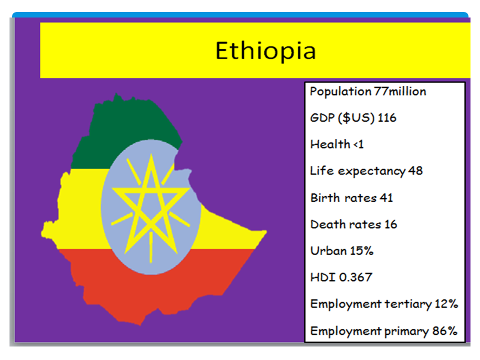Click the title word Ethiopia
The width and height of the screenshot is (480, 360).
tap(265, 51)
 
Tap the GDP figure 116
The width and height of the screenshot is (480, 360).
tap(387, 118)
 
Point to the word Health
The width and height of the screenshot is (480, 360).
tap(330, 144)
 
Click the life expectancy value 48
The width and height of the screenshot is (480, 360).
tap(415, 171)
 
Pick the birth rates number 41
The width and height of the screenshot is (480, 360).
tap(386, 198)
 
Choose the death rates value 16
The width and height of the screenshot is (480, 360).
tap(390, 224)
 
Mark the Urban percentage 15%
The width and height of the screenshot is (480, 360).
tap(362, 251)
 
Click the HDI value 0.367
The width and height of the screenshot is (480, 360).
tap(355, 277)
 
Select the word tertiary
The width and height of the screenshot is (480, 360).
tap(408, 304)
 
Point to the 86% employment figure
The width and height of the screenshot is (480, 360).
tap(445, 331)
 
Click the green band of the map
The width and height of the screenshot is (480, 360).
tap(122, 128)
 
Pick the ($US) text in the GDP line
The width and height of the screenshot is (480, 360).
tap(356, 118)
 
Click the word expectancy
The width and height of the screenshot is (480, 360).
tap(371, 171)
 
